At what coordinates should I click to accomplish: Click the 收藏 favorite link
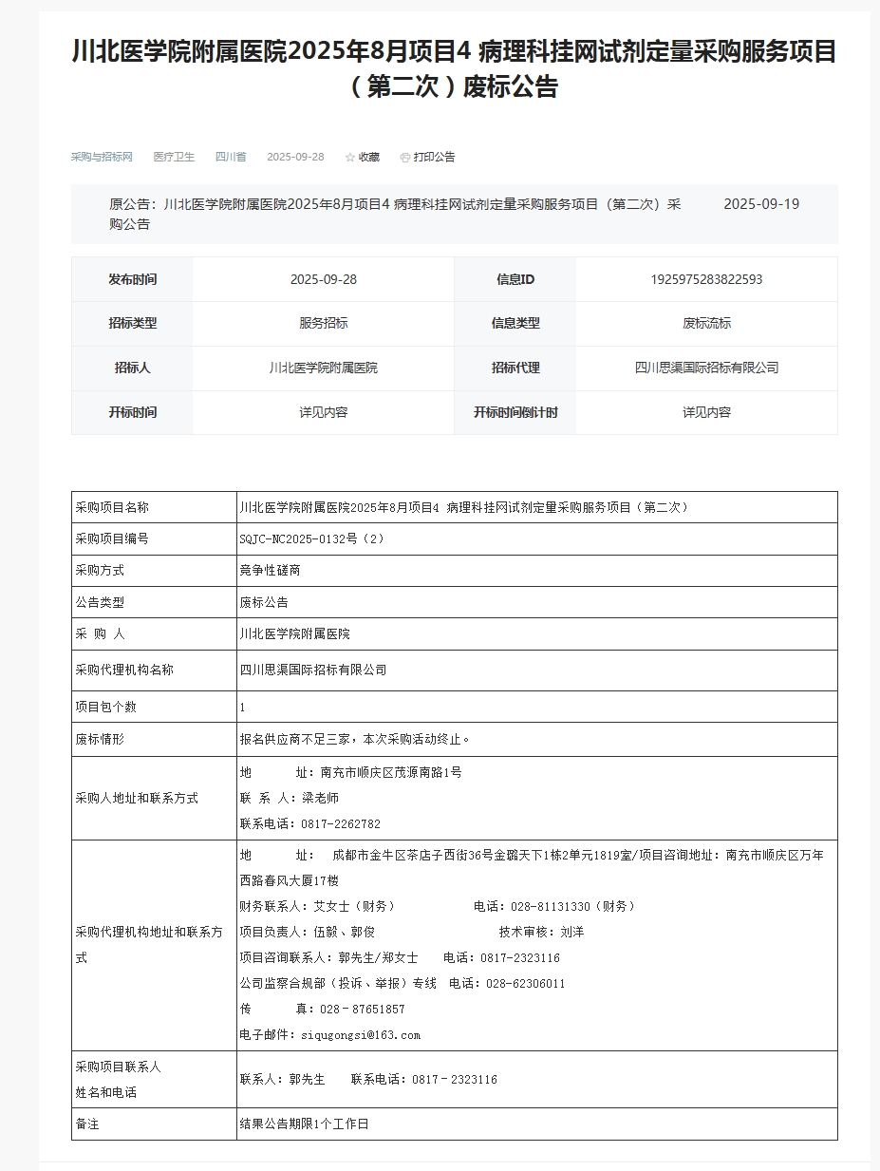tap(363, 157)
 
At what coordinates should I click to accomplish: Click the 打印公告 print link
tap(428, 157)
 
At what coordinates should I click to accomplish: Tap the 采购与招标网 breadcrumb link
tap(102, 157)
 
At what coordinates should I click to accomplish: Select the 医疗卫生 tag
tap(174, 157)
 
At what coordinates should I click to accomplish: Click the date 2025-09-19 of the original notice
tap(761, 204)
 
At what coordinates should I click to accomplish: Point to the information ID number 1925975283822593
tap(706, 279)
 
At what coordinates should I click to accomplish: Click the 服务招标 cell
tap(323, 323)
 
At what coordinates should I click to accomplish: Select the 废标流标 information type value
tap(706, 323)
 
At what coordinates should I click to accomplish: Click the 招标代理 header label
tap(515, 368)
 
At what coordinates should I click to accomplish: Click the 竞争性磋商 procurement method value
tap(270, 570)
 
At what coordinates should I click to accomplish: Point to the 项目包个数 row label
tap(105, 707)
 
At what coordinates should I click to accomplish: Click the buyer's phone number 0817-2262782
tap(340, 823)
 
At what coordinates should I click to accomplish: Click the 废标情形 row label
tap(100, 739)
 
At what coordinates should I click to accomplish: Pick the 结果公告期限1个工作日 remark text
tap(304, 1124)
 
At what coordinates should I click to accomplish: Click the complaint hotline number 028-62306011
tap(525, 983)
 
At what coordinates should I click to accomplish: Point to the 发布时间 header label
tap(132, 279)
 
